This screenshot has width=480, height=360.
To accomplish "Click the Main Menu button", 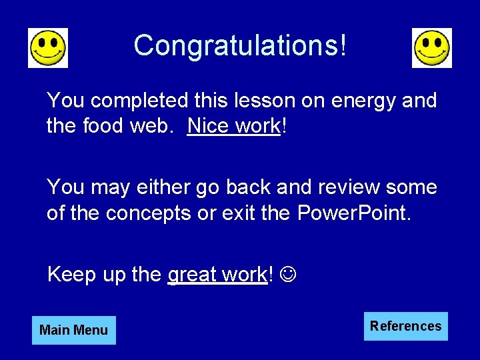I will pos(73,330).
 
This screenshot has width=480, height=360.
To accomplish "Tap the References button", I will pos(405,326).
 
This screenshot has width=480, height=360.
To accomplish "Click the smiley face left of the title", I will pos(48,48).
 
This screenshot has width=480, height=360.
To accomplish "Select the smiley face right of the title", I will pos(432,48).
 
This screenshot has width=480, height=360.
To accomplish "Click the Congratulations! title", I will pos(240,45).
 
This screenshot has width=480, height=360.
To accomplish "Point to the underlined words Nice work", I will pos(234,125).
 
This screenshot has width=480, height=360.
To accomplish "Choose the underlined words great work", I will pos(217,274).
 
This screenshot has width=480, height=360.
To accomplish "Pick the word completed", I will pos(140,101).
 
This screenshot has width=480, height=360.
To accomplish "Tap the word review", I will pos(347,187).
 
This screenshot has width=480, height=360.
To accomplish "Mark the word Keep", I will pos(69,274).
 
